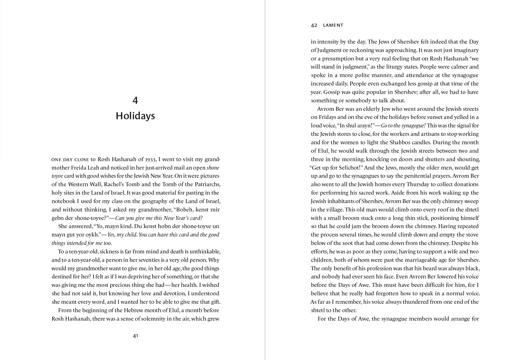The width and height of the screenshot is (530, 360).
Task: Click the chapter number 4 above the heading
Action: tap(135, 100)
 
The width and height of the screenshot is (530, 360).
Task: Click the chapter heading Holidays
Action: tap(135, 116)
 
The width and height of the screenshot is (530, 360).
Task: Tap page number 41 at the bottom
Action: tap(135, 336)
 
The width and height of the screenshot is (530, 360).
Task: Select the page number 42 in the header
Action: tap(314, 25)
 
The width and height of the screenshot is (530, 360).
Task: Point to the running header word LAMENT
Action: tap(333, 25)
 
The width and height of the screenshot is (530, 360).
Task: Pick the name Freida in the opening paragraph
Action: tap(79, 168)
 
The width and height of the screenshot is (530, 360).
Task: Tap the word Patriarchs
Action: tap(207, 184)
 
